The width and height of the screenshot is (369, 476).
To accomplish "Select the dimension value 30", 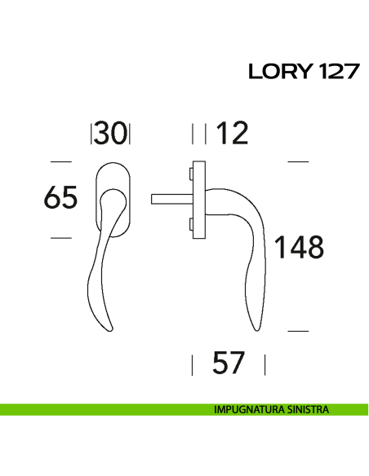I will click(x=113, y=134).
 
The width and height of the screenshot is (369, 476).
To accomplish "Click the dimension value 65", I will click(x=60, y=198).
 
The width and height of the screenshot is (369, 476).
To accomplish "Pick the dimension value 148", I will click(x=299, y=246).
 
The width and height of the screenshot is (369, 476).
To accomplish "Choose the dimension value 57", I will click(x=229, y=364).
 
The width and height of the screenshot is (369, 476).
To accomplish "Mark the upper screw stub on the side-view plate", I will click(x=190, y=173).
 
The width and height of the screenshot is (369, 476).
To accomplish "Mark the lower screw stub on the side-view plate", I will click(x=190, y=223).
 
